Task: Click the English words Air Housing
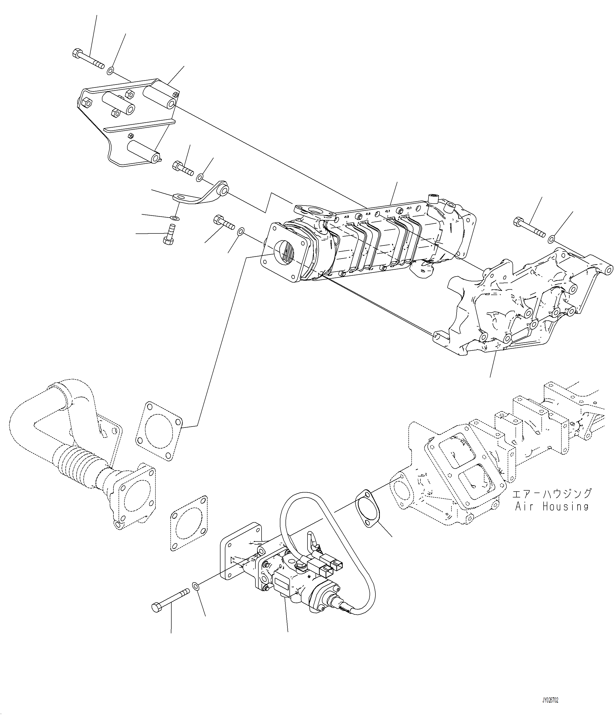(x=551, y=506)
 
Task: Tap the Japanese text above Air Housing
(x=551, y=494)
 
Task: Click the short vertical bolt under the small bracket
(x=169, y=235)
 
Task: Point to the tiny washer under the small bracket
(x=175, y=218)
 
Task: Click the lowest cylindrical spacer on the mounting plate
(x=144, y=152)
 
